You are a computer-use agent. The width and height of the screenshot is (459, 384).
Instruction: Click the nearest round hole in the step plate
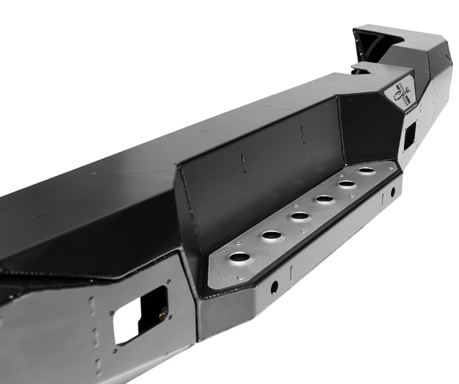[x=237, y=257]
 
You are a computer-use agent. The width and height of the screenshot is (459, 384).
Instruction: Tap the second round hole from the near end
[x=269, y=235]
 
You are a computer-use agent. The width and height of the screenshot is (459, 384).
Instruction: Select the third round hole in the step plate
[x=298, y=216]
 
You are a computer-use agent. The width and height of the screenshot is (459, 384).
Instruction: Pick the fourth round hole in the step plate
[x=324, y=199]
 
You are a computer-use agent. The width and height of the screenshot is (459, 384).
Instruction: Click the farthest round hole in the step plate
[x=365, y=170]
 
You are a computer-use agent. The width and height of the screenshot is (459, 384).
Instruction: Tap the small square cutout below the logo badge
[x=409, y=134]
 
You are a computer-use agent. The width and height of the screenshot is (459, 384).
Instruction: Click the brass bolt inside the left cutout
[x=164, y=313]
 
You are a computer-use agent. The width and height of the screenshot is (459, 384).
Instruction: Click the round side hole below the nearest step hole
[x=275, y=285]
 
